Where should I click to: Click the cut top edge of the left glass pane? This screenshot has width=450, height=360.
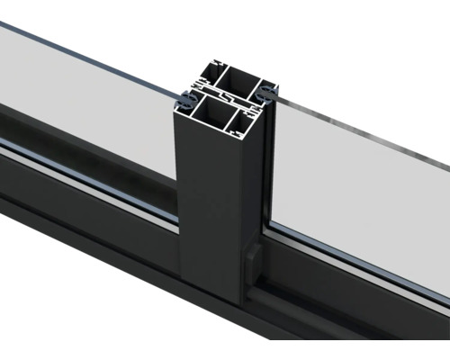click(90, 47)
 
